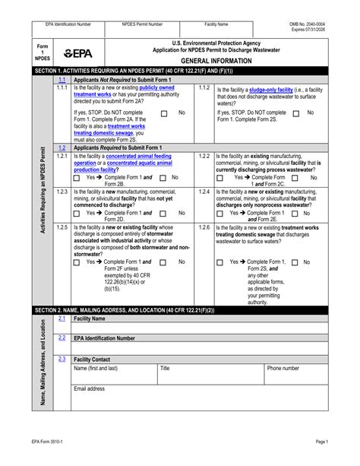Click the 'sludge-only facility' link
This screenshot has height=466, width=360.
coord(275,89)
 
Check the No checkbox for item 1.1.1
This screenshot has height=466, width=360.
coord(163,113)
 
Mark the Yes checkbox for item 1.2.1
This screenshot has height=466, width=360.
coord(78,177)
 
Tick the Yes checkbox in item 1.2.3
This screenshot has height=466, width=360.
coord(78,214)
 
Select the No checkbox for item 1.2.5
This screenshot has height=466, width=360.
coord(163,262)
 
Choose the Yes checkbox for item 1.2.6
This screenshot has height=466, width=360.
coord(222,262)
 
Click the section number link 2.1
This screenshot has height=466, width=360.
coord(62,319)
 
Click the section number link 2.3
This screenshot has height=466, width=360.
coord(62,358)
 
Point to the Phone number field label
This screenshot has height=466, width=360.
coord(283,368)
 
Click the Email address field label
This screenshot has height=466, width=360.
coord(90,388)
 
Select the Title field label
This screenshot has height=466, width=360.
coord(165,368)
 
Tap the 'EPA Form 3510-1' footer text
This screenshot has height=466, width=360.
coord(51,441)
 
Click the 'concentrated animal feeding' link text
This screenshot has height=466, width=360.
coord(129,156)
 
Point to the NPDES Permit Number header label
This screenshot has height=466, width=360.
coord(142,24)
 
